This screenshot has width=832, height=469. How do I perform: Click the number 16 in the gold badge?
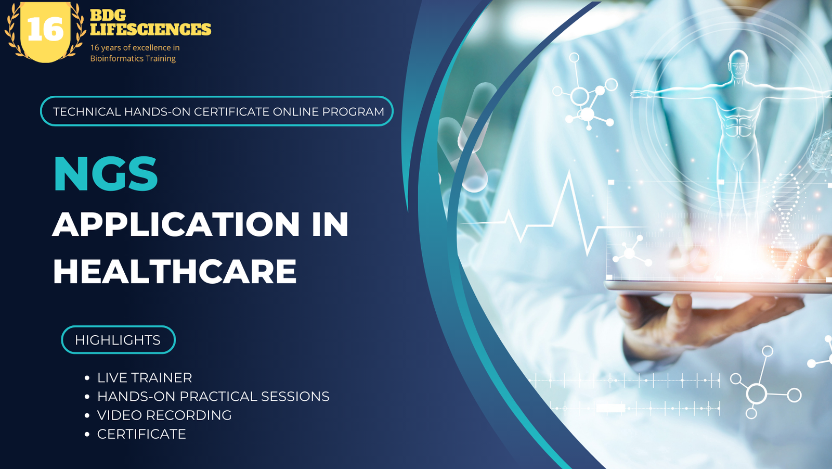pos(45,30)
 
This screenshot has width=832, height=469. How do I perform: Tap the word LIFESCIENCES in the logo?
pos(151,30)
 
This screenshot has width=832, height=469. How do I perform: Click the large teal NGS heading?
pos(106,174)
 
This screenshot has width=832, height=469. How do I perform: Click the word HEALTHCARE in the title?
pos(175,272)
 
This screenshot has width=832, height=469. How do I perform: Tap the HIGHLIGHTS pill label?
pos(118,340)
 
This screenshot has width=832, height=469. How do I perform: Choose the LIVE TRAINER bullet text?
pos(145,377)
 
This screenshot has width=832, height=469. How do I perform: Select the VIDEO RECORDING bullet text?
pos(164,415)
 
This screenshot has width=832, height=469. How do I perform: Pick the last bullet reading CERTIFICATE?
pos(141,434)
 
